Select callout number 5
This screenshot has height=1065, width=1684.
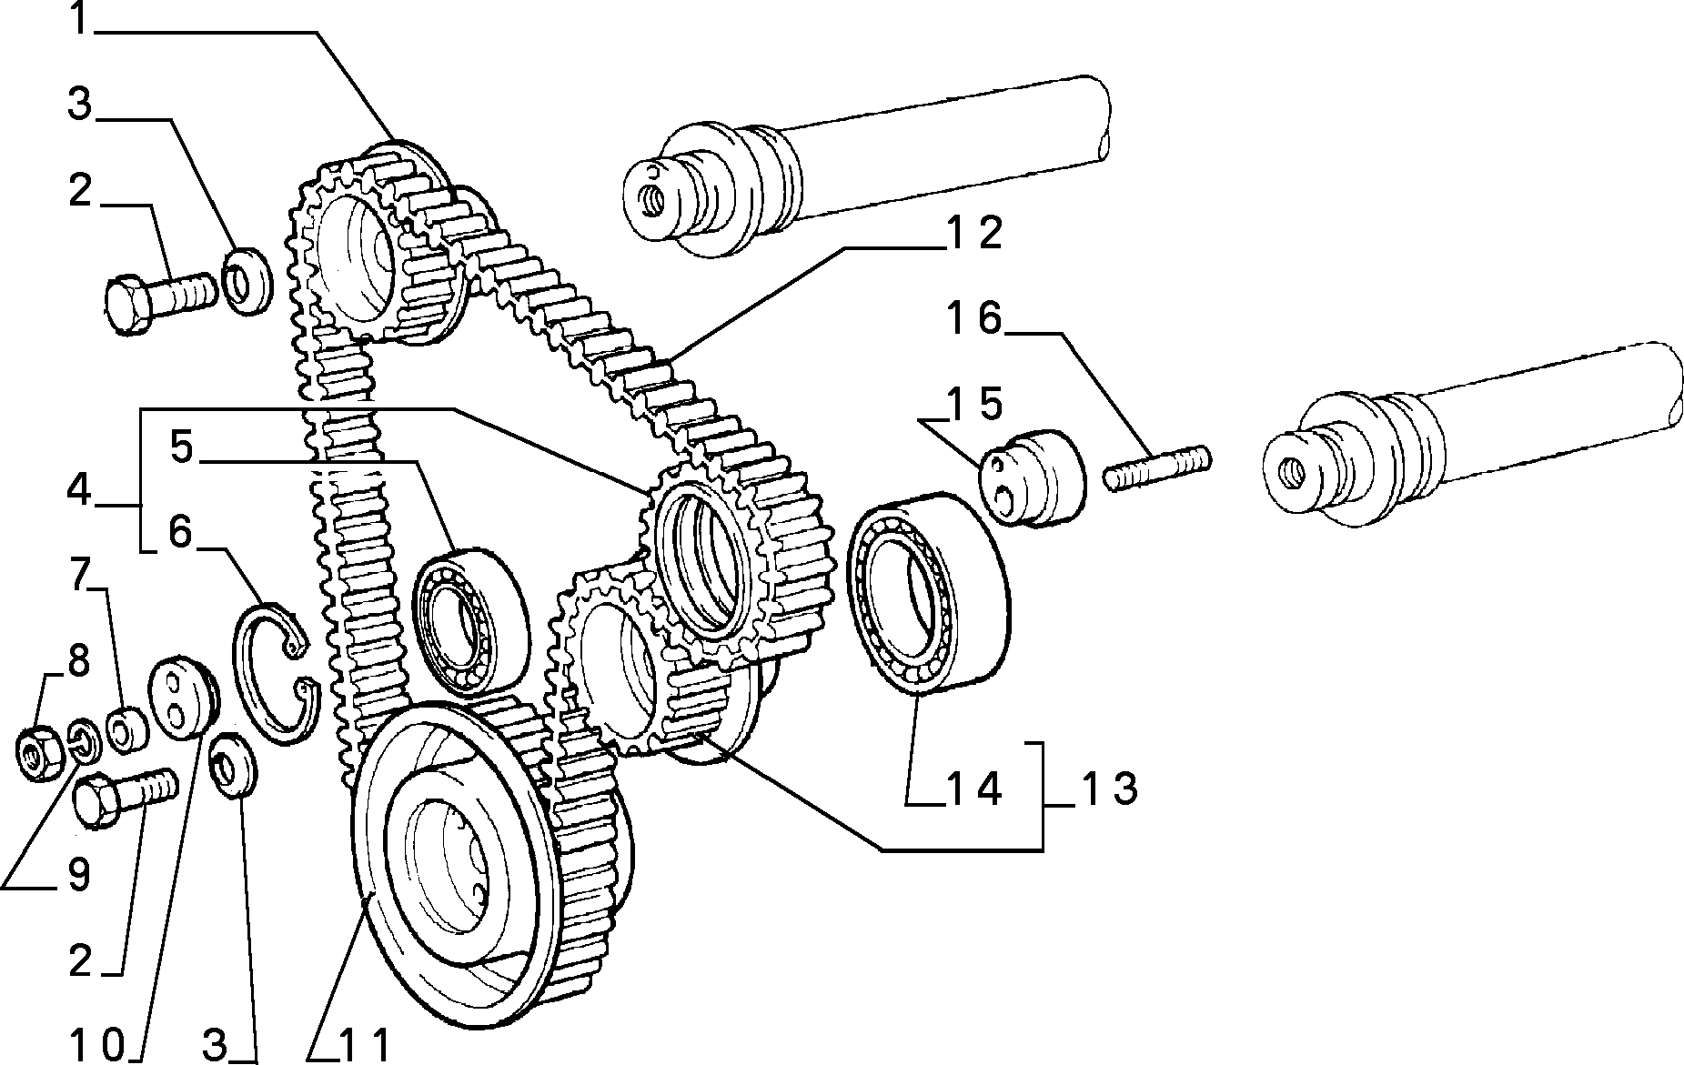pos(182,447)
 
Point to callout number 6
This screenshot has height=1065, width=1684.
pos(181,533)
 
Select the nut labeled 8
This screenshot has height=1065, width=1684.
pos(39,751)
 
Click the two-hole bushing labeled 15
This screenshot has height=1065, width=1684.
pos(1034,477)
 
